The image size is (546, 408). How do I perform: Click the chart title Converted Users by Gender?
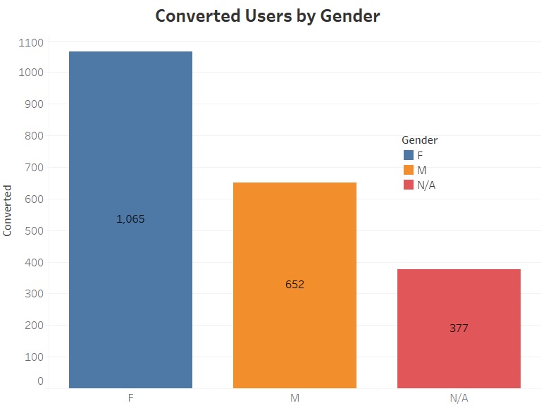pyautogui.click(x=267, y=16)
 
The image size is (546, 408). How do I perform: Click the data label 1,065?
pyautogui.click(x=130, y=219)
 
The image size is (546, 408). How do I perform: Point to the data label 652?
pyautogui.click(x=294, y=285)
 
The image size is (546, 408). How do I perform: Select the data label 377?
pyautogui.click(x=459, y=328)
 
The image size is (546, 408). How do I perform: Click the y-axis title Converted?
pyautogui.click(x=8, y=210)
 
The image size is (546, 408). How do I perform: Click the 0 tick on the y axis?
pyautogui.click(x=40, y=381)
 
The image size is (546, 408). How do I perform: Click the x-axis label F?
pyautogui.click(x=130, y=398)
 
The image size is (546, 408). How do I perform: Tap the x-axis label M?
pyautogui.click(x=294, y=398)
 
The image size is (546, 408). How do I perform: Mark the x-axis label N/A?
pyautogui.click(x=459, y=398)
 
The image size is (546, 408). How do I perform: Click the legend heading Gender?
pyautogui.click(x=419, y=140)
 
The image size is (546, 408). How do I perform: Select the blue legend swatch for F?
pyautogui.click(x=408, y=155)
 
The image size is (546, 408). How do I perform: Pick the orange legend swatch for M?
pyautogui.click(x=408, y=170)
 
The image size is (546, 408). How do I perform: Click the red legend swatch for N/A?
pyautogui.click(x=408, y=185)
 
